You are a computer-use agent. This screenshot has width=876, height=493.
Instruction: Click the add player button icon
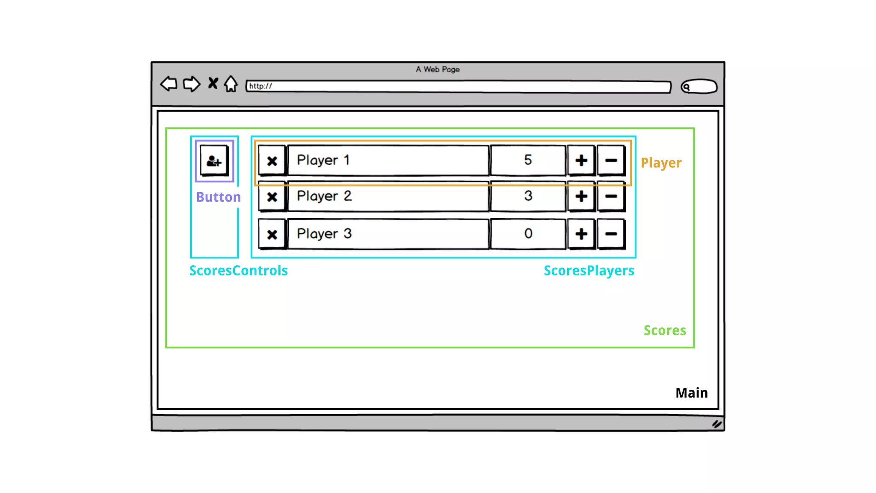point(214,161)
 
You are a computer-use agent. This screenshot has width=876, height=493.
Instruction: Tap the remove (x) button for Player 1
point(272,161)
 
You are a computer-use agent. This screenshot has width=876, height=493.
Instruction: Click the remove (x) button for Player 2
point(272,197)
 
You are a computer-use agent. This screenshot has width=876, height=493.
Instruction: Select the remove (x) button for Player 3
point(272,234)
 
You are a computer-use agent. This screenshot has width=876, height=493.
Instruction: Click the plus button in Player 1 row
point(581,160)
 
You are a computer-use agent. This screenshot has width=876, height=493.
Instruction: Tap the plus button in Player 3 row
point(581,234)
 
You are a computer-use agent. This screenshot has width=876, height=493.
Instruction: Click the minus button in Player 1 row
point(611,160)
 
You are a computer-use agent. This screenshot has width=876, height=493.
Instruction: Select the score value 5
point(528,160)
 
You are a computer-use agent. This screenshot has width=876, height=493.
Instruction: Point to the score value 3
point(528,196)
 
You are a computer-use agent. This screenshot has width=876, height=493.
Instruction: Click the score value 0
point(528,234)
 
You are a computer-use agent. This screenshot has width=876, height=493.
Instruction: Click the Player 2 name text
point(324,196)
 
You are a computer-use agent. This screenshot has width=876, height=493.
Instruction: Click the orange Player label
point(661,163)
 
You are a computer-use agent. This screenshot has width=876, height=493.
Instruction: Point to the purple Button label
point(218,197)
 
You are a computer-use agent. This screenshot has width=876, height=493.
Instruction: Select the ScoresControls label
point(238,270)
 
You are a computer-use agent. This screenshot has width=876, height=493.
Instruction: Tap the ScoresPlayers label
point(589,270)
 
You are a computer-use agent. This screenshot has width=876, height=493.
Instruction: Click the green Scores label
point(665,330)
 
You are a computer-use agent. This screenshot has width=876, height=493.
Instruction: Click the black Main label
point(691,393)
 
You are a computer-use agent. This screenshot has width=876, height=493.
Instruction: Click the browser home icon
point(231,84)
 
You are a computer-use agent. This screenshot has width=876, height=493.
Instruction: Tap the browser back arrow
point(169,83)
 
